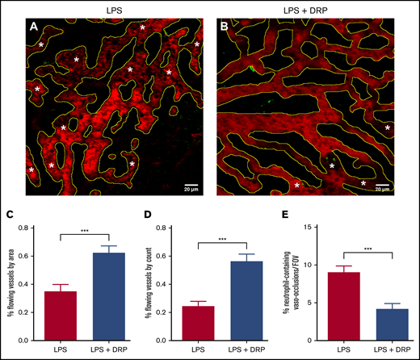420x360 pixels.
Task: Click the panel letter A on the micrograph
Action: (x=34, y=25)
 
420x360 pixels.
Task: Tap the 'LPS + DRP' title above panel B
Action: (x=309, y=8)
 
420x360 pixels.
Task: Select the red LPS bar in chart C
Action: (x=61, y=318)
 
